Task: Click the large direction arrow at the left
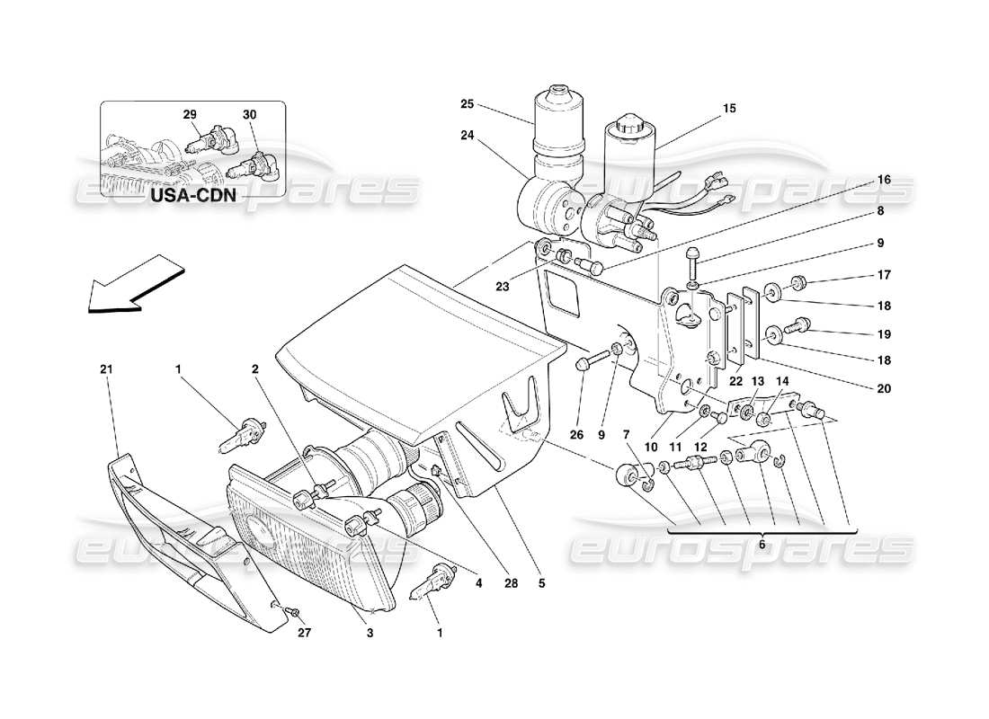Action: [x=135, y=283]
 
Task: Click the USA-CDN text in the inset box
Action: [x=193, y=194]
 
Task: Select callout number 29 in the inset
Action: [x=190, y=115]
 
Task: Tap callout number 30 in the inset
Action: [x=249, y=115]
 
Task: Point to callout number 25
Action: [x=467, y=104]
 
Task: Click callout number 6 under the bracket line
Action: [x=762, y=545]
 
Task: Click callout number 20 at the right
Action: [x=884, y=389]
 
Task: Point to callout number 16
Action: [x=884, y=180]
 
